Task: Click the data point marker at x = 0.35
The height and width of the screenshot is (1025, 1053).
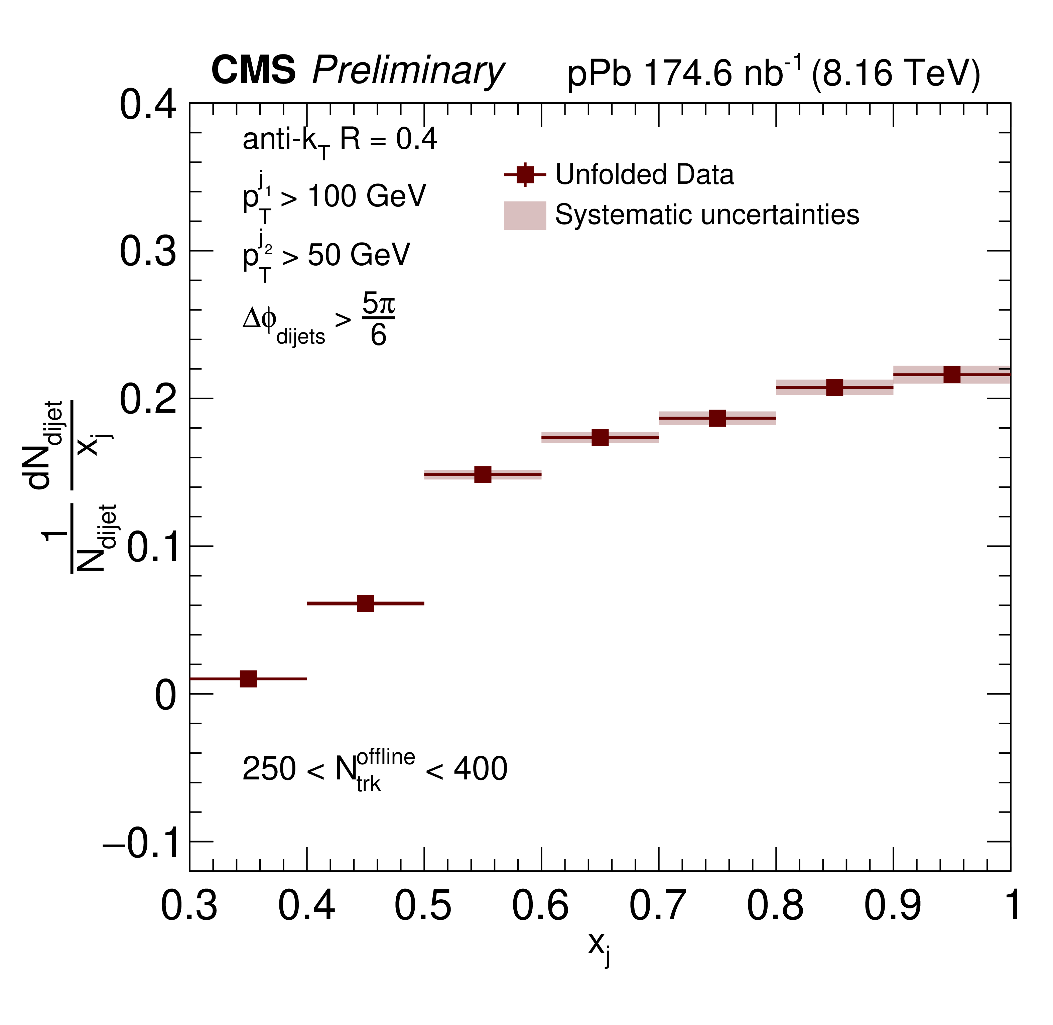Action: pyautogui.click(x=248, y=679)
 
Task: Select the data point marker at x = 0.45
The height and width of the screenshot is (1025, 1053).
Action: pyautogui.click(x=366, y=603)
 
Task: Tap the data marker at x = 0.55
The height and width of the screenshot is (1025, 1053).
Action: pyautogui.click(x=483, y=474)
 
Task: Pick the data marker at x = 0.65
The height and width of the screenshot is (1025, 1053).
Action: pyautogui.click(x=600, y=438)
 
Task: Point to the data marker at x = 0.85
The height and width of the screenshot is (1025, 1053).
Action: pyautogui.click(x=834, y=387)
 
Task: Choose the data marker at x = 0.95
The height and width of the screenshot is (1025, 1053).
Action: pyautogui.click(x=952, y=374)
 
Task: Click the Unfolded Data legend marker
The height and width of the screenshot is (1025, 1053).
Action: pyautogui.click(x=525, y=175)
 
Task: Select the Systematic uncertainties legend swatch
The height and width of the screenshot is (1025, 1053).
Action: pyautogui.click(x=525, y=215)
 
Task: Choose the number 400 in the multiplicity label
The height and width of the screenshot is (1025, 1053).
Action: pyautogui.click(x=480, y=769)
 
